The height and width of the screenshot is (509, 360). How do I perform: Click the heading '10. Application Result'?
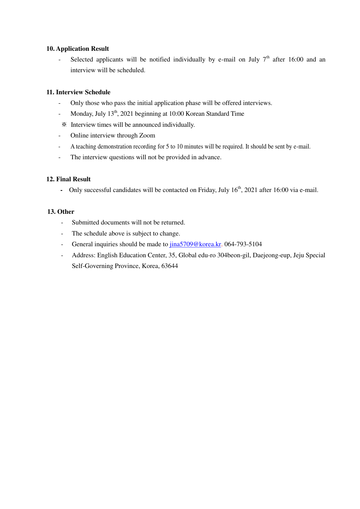[77, 49]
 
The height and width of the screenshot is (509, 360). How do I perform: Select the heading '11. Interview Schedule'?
[78, 92]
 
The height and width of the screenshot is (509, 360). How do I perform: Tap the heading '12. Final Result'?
[68, 179]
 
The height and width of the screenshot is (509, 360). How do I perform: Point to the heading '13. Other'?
[61, 212]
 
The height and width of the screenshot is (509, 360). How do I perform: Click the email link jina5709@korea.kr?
[195, 244]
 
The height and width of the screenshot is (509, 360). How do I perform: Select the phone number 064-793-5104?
[243, 244]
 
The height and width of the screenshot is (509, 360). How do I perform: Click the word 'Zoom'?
[147, 135]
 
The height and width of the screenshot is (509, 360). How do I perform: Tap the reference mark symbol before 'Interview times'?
[64, 125]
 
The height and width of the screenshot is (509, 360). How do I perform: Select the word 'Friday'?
[207, 190]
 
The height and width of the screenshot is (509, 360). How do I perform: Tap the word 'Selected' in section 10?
[82, 59]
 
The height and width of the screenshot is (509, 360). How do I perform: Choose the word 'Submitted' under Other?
[86, 222]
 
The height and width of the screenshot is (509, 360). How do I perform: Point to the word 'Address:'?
[84, 255]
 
